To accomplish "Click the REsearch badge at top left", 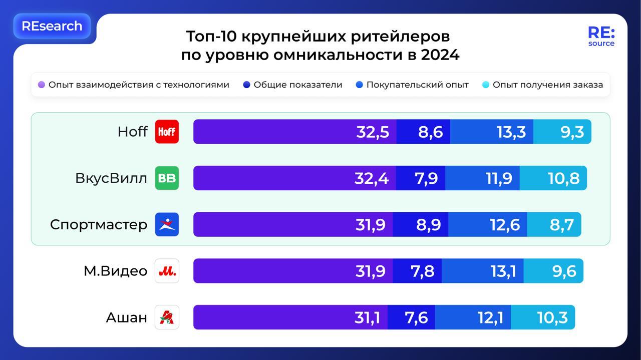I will [52, 26].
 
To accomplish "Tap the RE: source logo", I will [601, 37].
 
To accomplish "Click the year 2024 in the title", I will [440, 55].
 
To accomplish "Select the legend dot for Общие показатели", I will [246, 85].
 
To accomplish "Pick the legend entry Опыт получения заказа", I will [547, 85].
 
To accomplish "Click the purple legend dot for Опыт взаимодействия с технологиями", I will [42, 85].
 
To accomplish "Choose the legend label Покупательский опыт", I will [417, 85].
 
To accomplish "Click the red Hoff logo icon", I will [167, 132].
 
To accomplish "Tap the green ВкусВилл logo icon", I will [167, 178].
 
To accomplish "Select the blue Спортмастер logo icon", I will [167, 224].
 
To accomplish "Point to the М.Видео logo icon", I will [167, 271].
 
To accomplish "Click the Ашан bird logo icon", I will [167, 317].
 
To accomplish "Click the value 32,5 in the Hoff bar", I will [373, 132].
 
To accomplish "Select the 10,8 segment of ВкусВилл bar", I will [564, 178].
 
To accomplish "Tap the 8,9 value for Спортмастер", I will [428, 224].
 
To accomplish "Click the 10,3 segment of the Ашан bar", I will [552, 317].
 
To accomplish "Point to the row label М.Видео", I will [115, 271].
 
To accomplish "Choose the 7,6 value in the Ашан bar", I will [416, 317].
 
